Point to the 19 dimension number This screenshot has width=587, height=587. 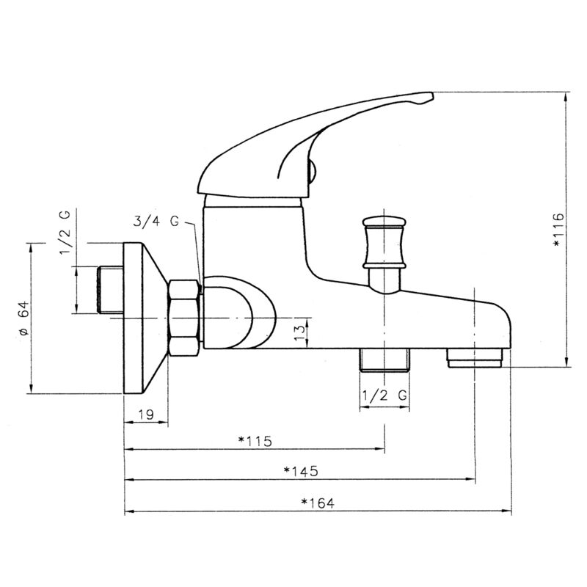[x=145, y=415]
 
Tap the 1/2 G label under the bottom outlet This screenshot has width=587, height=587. [x=384, y=395]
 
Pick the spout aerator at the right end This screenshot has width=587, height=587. [x=475, y=360]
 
